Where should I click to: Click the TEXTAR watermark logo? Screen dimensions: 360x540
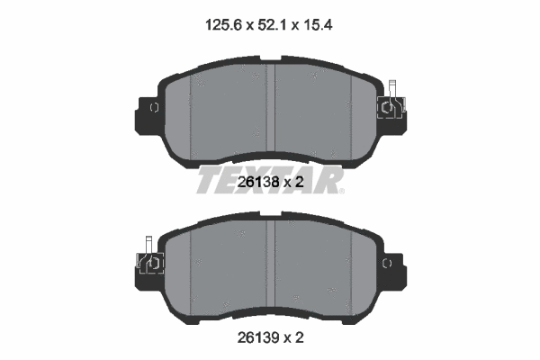(x=270, y=181)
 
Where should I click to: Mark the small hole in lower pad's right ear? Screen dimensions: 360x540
(x=389, y=262)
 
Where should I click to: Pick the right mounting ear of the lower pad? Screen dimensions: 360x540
(x=392, y=262)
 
